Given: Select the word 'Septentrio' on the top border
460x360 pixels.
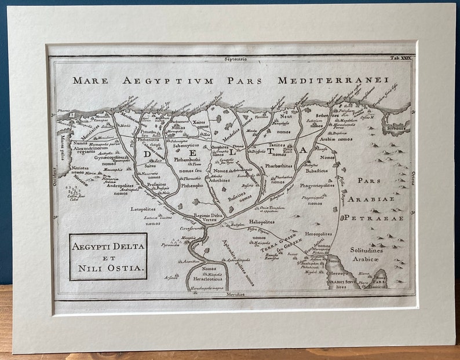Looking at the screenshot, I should [235, 59].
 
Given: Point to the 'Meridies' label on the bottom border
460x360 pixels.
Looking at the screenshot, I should [235, 294].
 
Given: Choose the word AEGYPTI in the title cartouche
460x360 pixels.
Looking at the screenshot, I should [92, 246].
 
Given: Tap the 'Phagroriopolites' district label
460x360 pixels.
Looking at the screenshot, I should [316, 186].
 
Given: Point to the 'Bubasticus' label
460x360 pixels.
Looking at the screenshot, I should [316, 171].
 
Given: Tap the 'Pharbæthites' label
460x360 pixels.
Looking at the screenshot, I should [279, 166].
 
